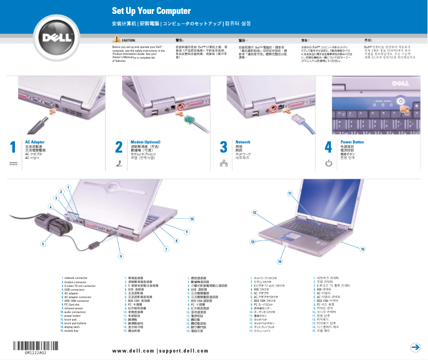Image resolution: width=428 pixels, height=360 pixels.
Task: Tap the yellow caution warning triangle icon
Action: [116, 40]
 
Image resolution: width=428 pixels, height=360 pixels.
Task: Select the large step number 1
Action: [13, 148]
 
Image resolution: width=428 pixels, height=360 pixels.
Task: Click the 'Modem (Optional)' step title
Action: [145, 142]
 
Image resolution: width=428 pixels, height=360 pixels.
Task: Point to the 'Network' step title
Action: [243, 142]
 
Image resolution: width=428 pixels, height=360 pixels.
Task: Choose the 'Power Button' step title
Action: [352, 142]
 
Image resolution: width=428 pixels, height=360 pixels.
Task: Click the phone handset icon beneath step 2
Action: [118, 163]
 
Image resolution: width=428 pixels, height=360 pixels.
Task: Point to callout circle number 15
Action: [363, 249]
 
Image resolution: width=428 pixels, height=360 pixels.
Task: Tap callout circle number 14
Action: [280, 262]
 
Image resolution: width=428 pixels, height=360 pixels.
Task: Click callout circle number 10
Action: [192, 219]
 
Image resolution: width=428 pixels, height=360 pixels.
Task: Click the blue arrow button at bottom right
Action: [415, 347]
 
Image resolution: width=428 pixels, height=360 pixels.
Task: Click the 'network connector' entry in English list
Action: [75, 278]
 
